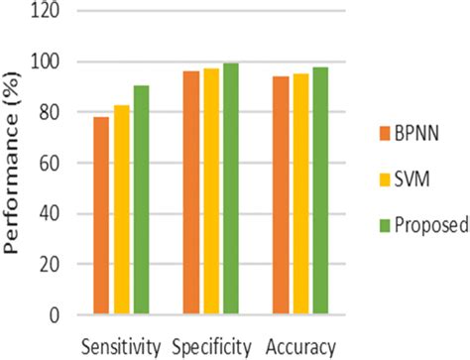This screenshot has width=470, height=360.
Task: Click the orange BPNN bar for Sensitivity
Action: (101, 216)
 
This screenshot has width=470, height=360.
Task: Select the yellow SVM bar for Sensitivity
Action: (121, 210)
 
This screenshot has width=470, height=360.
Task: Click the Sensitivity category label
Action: (120, 347)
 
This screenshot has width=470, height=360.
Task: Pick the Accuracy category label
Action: (301, 347)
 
